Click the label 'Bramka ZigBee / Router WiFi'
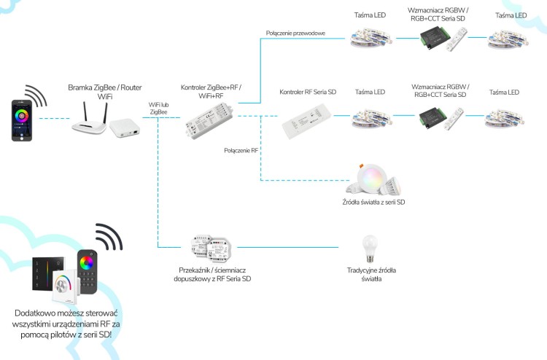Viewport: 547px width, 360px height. (104, 91)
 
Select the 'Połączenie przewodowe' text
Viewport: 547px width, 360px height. (295, 33)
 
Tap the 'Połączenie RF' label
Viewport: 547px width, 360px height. (242, 149)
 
